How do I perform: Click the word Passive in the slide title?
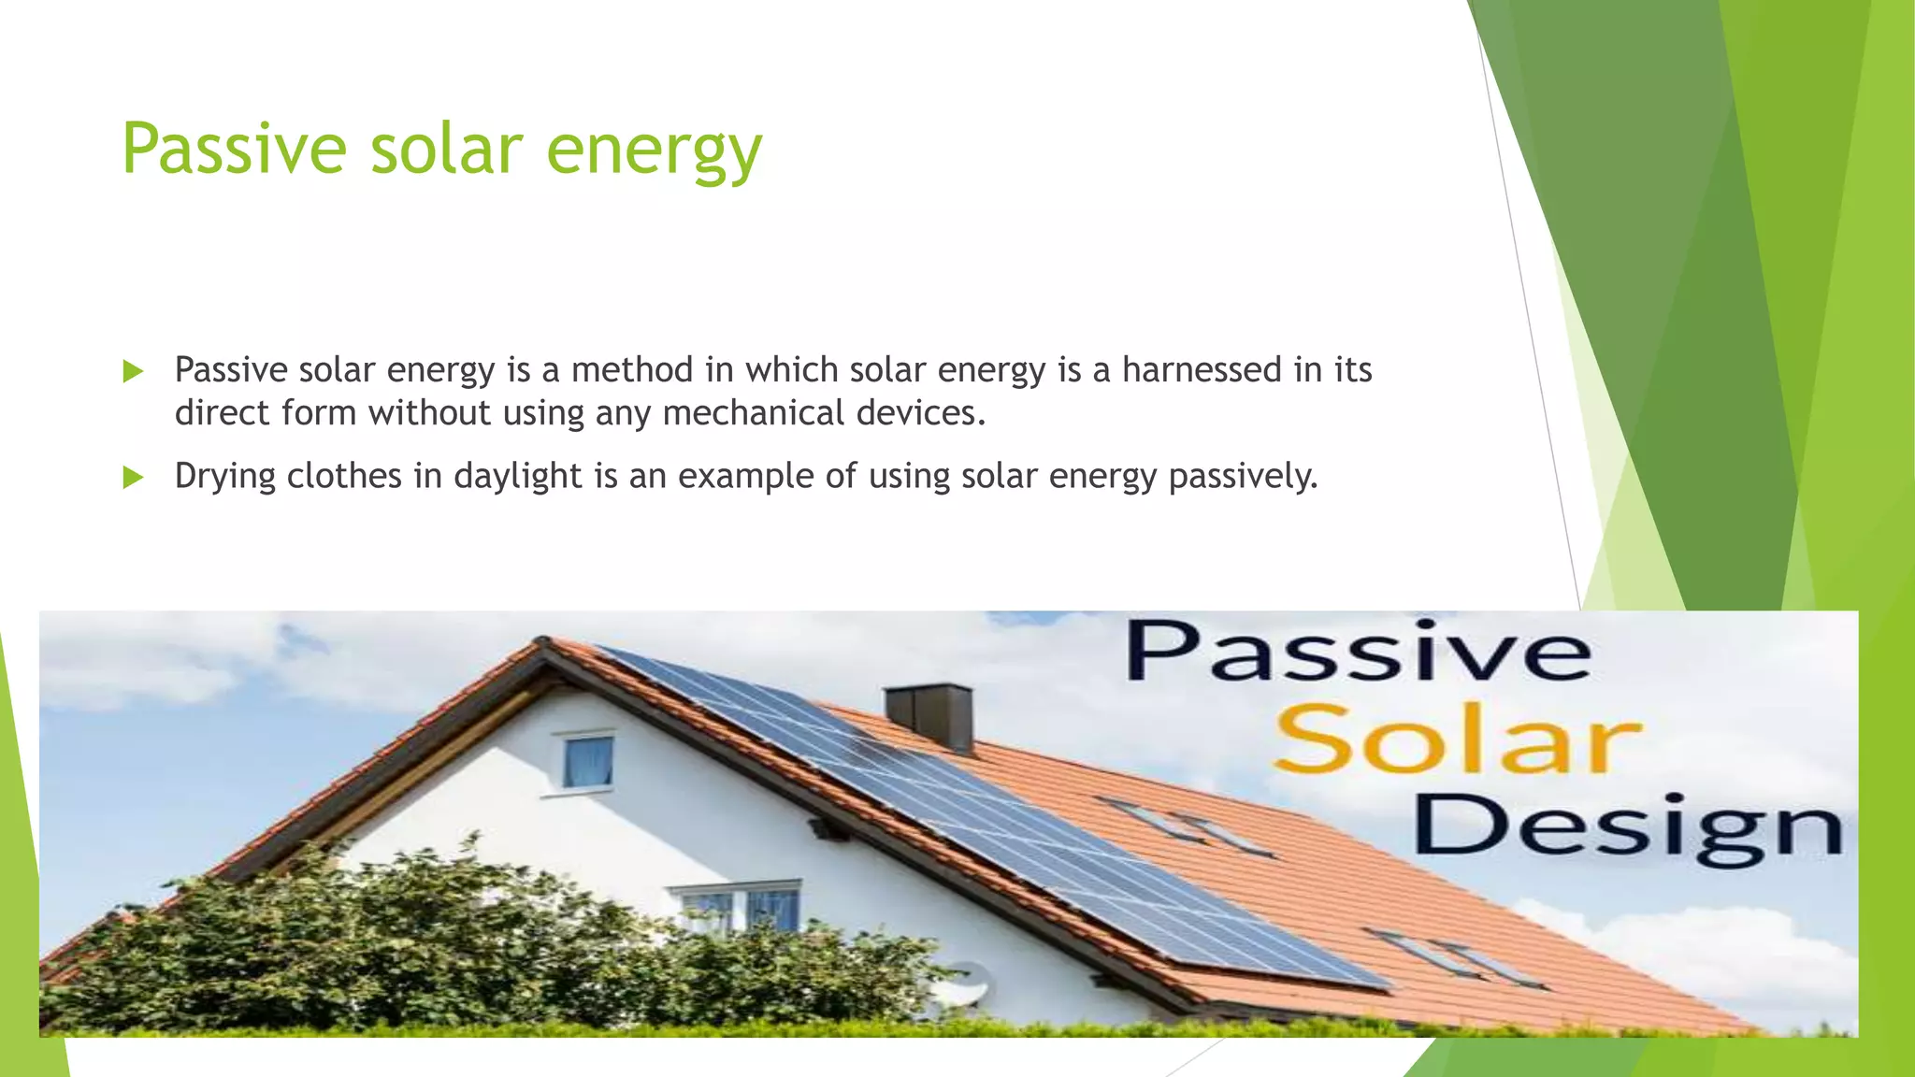234,148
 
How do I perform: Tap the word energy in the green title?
654,150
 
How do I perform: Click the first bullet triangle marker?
133,372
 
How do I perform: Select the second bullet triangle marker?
133,478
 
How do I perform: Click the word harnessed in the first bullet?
1202,370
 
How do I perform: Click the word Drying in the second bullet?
224,477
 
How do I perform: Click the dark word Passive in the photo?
1358,652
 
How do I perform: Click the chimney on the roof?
929,716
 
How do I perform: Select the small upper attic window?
587,762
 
